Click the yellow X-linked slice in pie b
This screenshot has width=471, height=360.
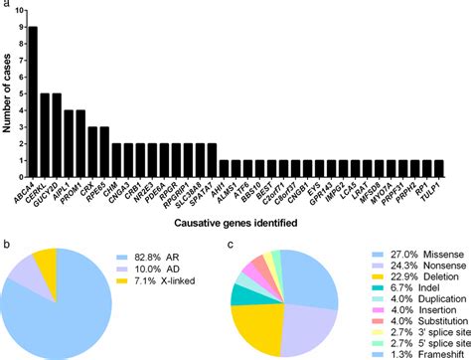[x=74, y=264]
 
